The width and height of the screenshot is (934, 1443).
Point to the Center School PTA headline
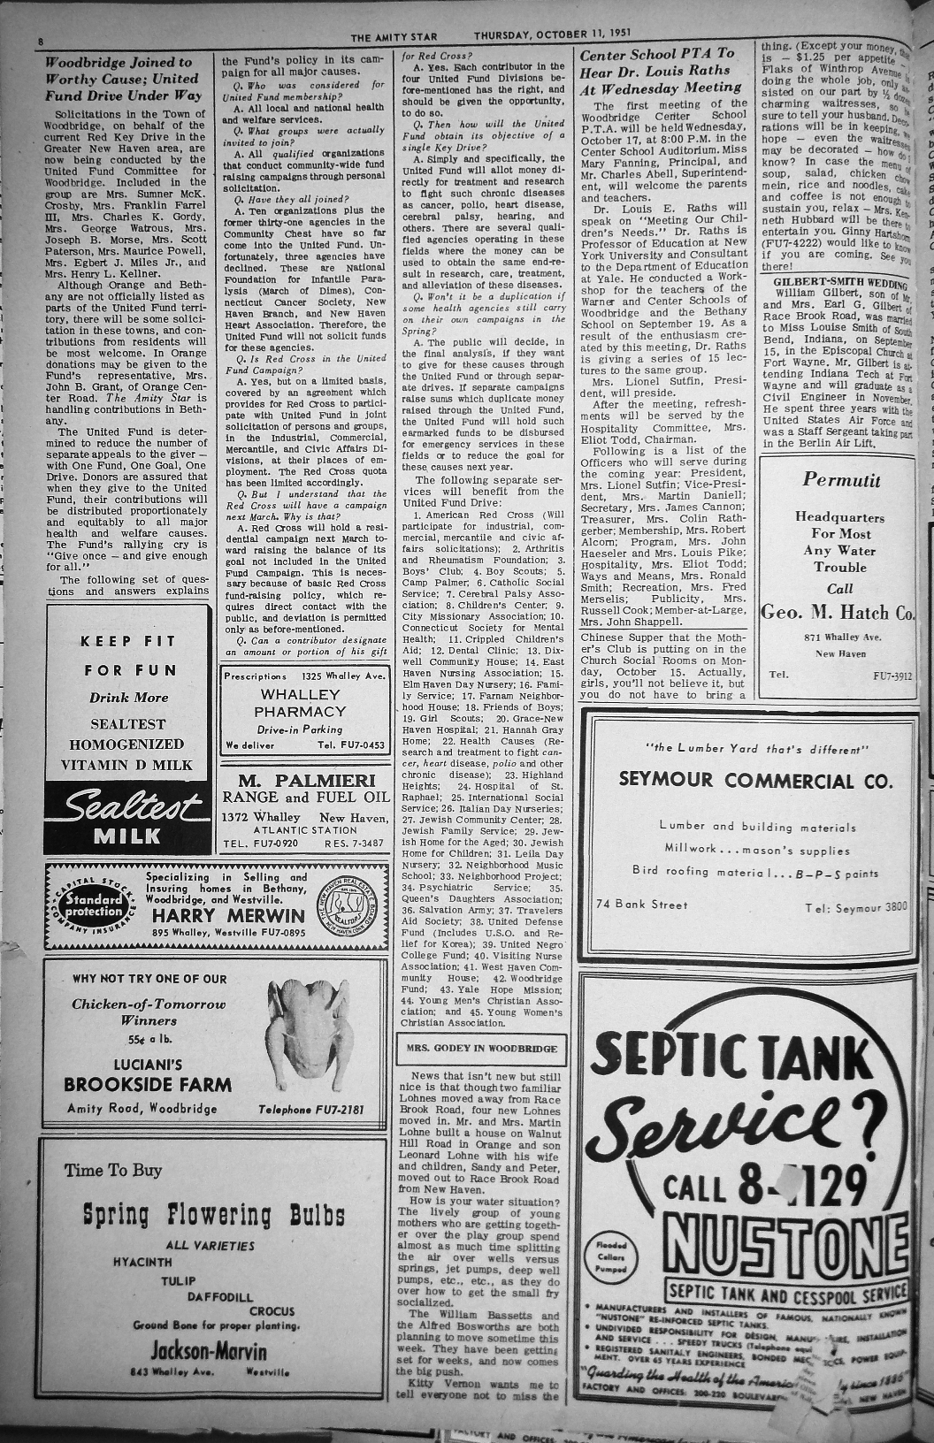click(x=661, y=71)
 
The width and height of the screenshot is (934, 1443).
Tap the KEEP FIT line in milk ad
click(x=128, y=641)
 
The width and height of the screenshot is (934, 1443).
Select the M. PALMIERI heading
click(x=305, y=781)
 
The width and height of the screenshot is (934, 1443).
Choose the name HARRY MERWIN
click(x=228, y=915)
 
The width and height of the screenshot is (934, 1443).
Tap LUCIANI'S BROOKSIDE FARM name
click(x=148, y=1075)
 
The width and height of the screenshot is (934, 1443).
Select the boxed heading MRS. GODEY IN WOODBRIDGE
click(x=481, y=1049)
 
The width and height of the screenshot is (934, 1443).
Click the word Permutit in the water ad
click(x=841, y=480)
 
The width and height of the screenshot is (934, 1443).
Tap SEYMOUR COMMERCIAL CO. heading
click(x=749, y=780)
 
